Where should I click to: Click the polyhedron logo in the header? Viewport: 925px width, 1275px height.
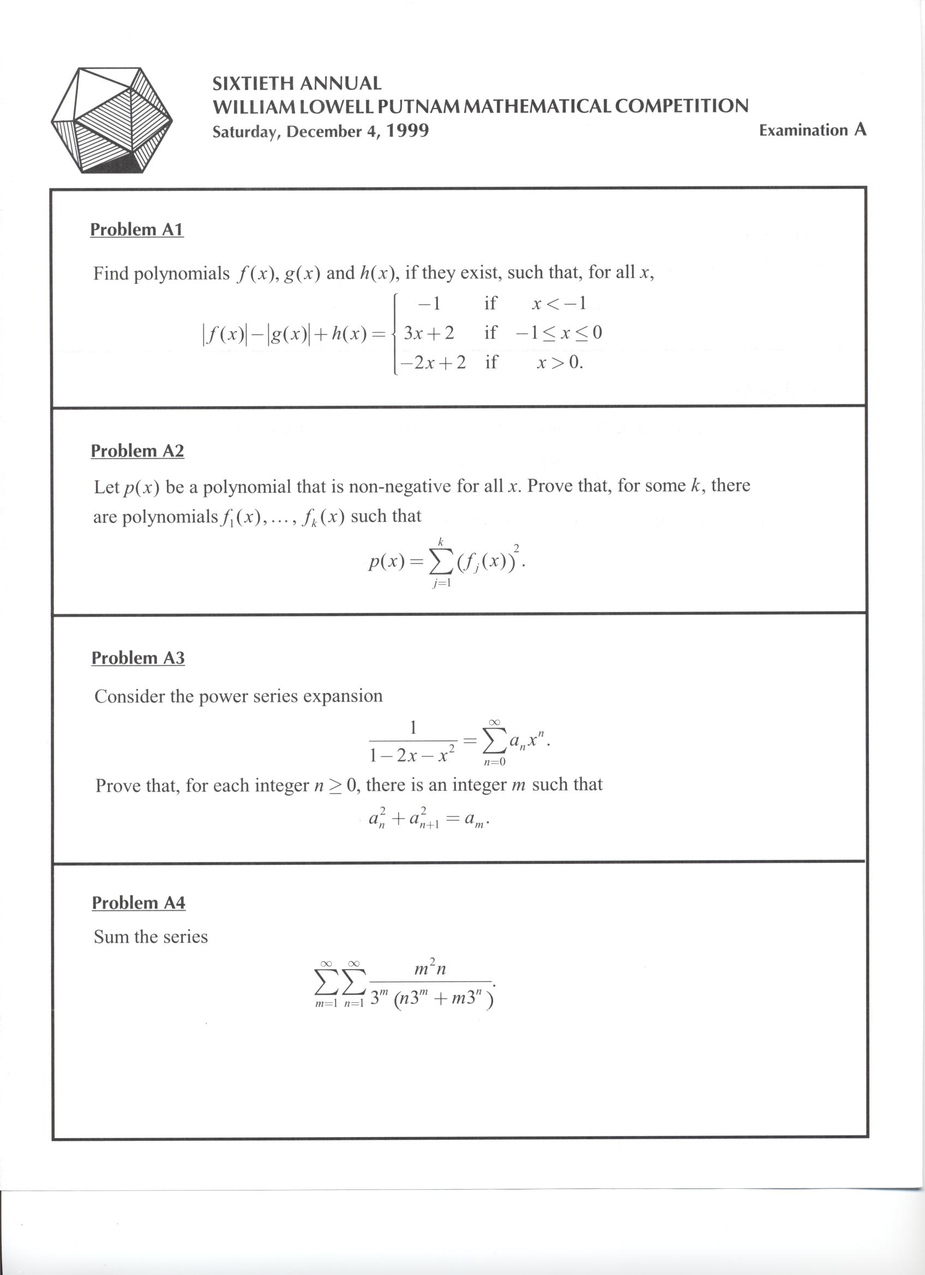(111, 120)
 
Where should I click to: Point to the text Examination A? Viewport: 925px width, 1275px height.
(812, 130)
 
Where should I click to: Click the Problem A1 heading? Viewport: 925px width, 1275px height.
(137, 230)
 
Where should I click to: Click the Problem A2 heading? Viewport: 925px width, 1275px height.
(137, 451)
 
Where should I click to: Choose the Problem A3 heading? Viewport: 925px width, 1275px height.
(138, 658)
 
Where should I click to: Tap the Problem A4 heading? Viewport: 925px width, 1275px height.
(139, 903)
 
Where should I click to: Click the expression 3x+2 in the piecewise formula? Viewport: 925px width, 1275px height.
(429, 333)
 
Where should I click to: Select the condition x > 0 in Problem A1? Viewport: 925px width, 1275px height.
(560, 363)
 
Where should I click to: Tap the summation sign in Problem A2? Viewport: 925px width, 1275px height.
(441, 563)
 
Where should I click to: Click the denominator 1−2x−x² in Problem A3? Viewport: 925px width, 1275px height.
(412, 755)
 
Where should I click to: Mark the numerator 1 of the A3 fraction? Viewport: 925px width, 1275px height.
(413, 728)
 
